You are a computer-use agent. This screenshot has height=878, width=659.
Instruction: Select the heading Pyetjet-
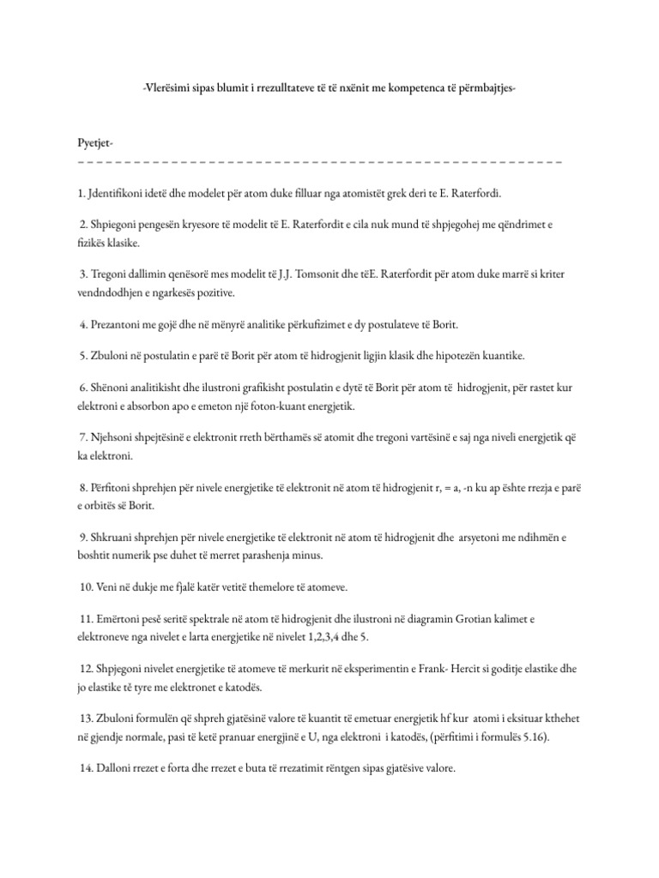94,141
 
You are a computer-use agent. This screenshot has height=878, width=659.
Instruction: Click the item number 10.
86,587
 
